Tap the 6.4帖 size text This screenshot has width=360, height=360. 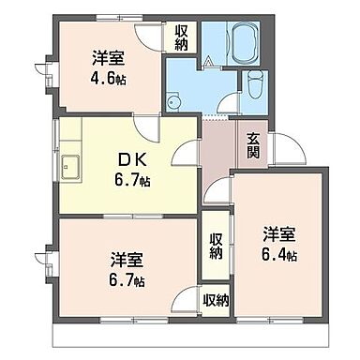click(278, 255)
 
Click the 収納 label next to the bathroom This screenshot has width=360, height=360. click(181, 38)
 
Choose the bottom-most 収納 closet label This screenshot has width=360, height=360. click(216, 300)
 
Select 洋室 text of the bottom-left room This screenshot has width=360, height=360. click(126, 259)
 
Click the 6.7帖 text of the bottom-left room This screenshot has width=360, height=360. click(126, 279)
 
